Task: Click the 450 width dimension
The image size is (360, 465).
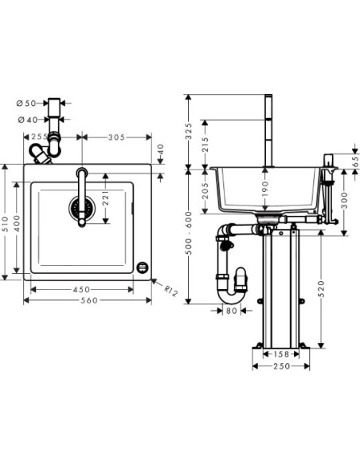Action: point(82,288)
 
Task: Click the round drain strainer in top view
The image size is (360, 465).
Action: point(77,210)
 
